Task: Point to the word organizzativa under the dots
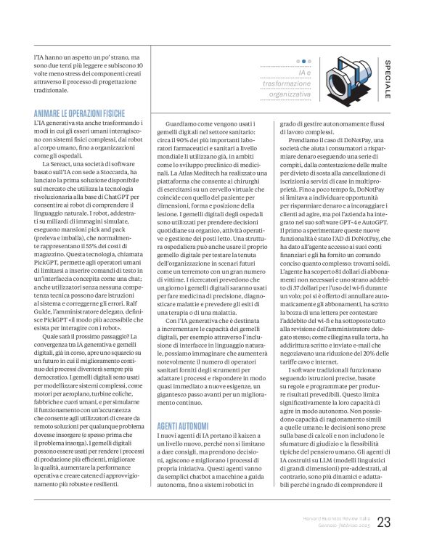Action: click(x=290, y=94)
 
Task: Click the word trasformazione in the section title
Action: click(x=286, y=84)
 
